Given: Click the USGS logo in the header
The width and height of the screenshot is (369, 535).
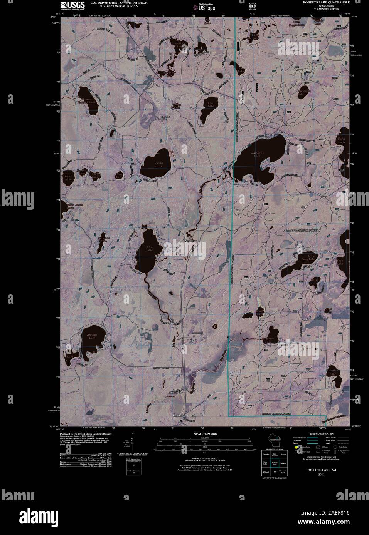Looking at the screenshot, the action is [72, 5].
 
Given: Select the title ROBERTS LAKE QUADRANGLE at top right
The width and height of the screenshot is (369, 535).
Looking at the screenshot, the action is [325, 2].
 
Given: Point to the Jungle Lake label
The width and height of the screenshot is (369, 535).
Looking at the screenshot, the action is [159, 164].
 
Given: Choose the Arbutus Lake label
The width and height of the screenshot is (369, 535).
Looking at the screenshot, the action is [92, 336].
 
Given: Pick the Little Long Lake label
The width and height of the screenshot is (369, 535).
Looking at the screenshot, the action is [311, 257].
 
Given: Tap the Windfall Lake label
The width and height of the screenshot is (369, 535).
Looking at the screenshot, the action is [333, 372].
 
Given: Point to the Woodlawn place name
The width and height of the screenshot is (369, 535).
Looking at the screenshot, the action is [190, 241].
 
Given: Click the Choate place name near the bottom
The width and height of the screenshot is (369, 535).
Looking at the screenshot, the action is [177, 415].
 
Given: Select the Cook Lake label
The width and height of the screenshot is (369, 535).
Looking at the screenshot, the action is [119, 175].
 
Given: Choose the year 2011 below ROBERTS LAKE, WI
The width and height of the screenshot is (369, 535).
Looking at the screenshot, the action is [316, 475].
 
